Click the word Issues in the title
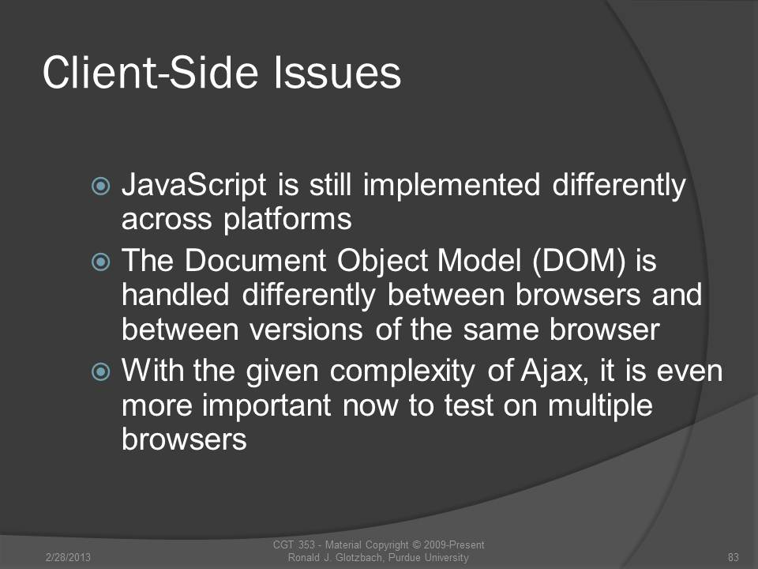(337, 73)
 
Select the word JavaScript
(194, 186)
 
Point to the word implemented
(451, 184)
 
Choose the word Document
(256, 261)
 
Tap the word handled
(175, 295)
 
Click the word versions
(306, 330)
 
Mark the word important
(267, 405)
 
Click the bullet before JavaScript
(100, 186)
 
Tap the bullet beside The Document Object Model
(100, 262)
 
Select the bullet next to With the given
(100, 371)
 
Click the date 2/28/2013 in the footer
(68, 557)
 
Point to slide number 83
(734, 557)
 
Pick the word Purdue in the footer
(404, 557)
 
